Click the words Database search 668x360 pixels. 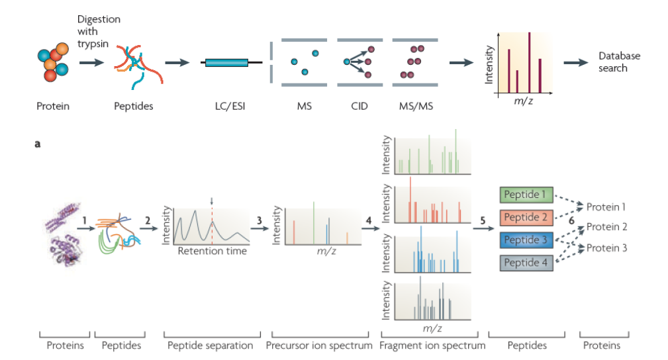point(619,62)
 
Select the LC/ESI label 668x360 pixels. point(226,106)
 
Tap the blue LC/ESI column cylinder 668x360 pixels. point(226,63)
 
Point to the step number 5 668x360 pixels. point(483,220)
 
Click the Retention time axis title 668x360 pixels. point(212,251)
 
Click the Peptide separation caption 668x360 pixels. point(211,345)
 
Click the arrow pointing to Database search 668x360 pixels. point(575,62)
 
